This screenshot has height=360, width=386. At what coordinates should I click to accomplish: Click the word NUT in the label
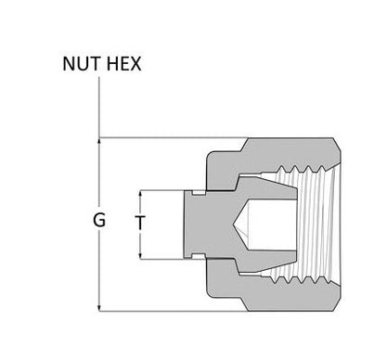[82, 64]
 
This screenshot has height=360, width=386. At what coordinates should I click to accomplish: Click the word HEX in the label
[123, 64]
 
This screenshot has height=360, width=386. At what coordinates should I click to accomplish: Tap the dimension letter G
[99, 221]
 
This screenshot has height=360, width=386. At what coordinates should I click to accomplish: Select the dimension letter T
[140, 222]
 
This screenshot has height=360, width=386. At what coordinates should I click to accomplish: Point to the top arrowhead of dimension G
[99, 141]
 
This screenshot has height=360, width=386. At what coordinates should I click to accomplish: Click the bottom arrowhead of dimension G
[99, 308]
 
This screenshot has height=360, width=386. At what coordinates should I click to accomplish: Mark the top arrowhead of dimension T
[141, 194]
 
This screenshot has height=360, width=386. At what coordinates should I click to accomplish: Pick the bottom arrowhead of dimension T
[141, 255]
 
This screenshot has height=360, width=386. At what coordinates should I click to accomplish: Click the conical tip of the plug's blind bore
[234, 225]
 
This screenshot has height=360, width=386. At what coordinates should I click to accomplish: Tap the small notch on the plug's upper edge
[199, 193]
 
